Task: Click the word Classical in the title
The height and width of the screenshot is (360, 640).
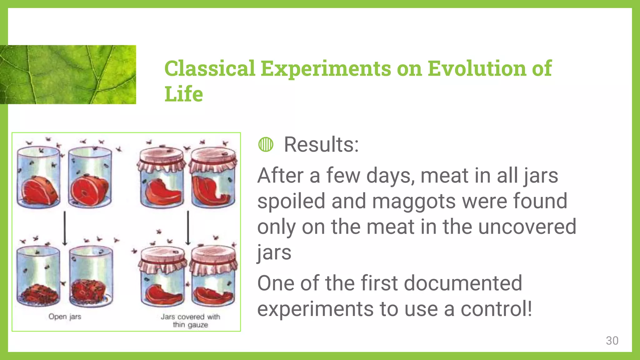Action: (x=210, y=68)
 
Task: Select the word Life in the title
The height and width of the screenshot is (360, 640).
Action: (x=183, y=94)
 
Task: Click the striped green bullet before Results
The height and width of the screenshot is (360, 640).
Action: (x=266, y=144)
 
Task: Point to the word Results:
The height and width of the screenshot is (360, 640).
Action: (x=321, y=144)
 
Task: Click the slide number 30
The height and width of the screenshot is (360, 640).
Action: (x=612, y=341)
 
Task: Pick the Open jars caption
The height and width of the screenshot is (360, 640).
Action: (x=65, y=317)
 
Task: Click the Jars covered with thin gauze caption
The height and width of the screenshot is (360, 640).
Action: (x=190, y=321)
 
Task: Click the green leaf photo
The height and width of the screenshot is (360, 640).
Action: (x=68, y=74)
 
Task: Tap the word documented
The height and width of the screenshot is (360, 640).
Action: (x=463, y=283)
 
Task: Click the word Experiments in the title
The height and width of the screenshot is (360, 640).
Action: (x=326, y=68)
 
